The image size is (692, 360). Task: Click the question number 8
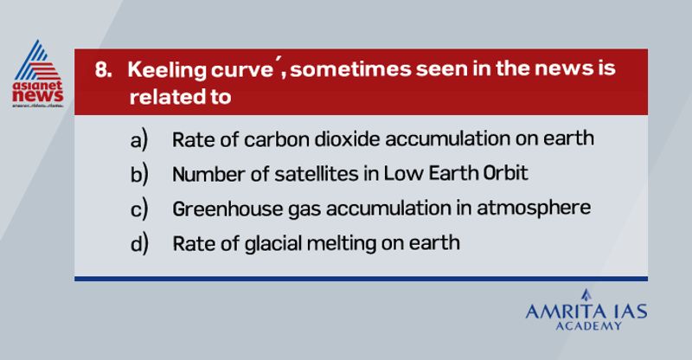(103, 70)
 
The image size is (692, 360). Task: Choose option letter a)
(139, 140)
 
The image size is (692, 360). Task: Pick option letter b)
(139, 175)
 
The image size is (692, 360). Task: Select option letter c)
(139, 209)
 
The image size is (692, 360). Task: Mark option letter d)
(139, 243)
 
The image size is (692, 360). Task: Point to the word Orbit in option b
(505, 173)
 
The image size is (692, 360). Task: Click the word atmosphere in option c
(534, 209)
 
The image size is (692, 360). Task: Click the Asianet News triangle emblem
(38, 61)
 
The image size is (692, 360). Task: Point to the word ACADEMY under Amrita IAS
(588, 326)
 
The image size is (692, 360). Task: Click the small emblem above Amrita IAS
(586, 295)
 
